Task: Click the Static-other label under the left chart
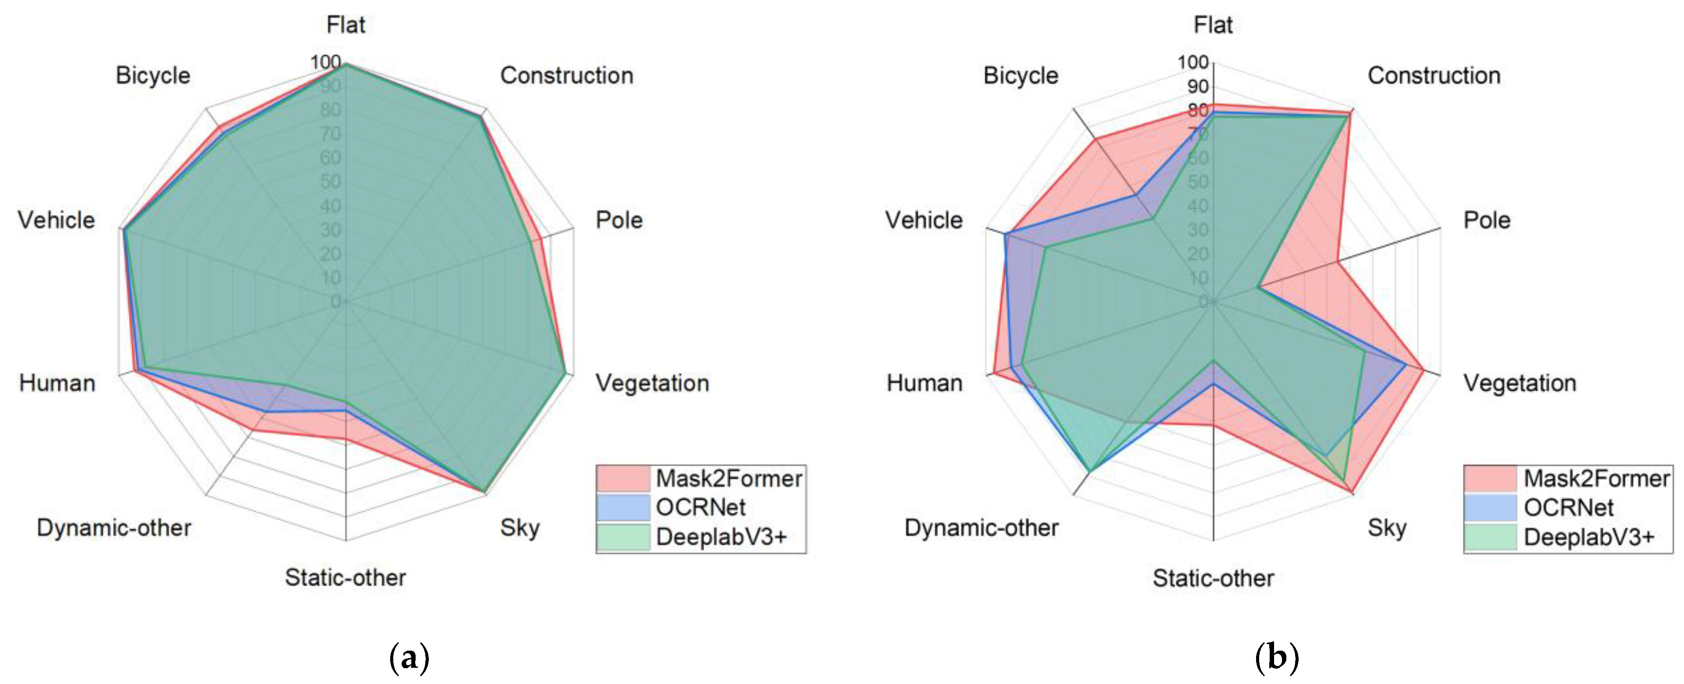coord(345,577)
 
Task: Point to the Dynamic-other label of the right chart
coord(981,528)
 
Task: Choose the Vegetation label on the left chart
coord(652,383)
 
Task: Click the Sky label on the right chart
coord(1387,528)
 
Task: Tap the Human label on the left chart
coord(57,383)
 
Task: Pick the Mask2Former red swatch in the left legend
coord(623,479)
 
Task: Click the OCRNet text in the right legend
coord(1568,508)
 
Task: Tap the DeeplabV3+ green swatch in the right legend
coord(1490,537)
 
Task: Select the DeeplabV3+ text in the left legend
coord(721,537)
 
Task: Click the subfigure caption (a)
coord(409,657)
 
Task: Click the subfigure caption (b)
coord(1277,657)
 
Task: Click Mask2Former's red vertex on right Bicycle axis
coord(1096,139)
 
